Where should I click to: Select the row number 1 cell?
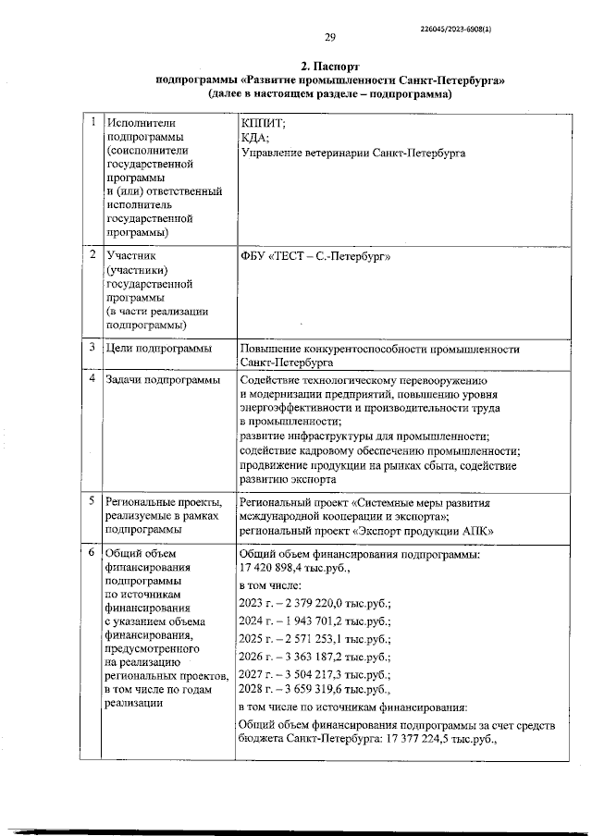(x=91, y=122)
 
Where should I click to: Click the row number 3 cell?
(x=91, y=348)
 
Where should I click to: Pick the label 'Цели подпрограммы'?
(x=159, y=349)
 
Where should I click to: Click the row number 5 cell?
(x=91, y=500)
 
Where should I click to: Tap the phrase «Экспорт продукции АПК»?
(x=423, y=531)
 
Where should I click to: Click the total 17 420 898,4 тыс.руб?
(x=292, y=568)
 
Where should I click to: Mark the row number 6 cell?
(x=91, y=553)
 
